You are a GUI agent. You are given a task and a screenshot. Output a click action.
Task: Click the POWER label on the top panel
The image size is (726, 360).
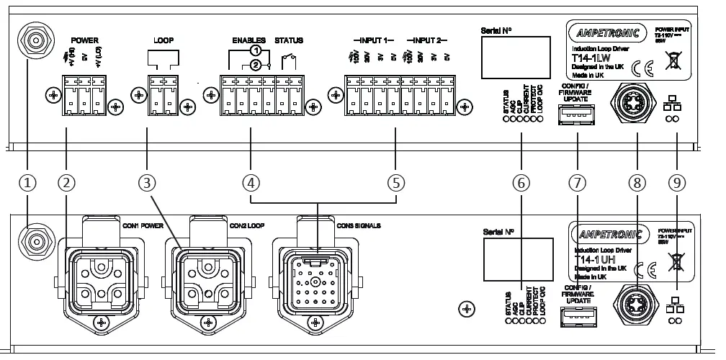point(85,40)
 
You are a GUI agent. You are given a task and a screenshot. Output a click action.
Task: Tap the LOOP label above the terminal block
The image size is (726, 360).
point(164,40)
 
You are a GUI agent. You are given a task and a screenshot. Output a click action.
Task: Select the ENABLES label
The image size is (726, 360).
point(249,40)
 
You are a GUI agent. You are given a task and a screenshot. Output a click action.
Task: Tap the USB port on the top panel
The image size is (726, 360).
point(573,115)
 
